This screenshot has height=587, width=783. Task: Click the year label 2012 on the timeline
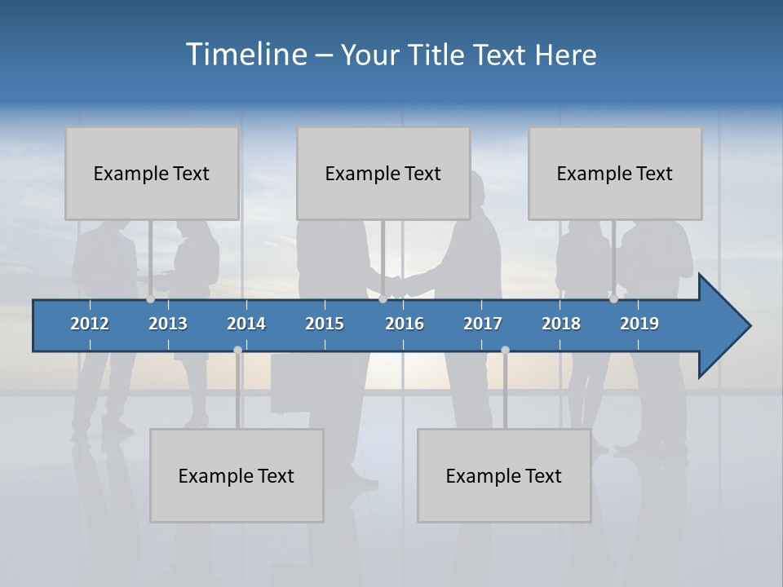click(90, 324)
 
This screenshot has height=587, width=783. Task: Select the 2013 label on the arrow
click(168, 324)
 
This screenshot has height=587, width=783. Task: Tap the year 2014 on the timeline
click(246, 324)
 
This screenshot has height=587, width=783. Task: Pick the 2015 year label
click(325, 324)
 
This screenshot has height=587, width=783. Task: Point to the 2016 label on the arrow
click(405, 324)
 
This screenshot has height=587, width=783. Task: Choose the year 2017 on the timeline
click(483, 324)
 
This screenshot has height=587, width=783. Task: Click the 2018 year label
click(561, 324)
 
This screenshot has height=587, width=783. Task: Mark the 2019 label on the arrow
click(639, 324)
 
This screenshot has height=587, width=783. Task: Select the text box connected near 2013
click(152, 173)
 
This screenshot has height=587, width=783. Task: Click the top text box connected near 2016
click(383, 173)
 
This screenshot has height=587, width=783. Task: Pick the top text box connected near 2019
click(615, 173)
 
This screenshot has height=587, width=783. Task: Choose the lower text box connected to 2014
click(237, 475)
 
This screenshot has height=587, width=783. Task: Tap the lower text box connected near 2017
click(504, 475)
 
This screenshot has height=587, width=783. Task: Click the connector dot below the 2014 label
click(237, 350)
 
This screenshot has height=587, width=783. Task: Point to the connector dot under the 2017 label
click(505, 350)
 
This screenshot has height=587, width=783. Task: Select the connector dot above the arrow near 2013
click(150, 299)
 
